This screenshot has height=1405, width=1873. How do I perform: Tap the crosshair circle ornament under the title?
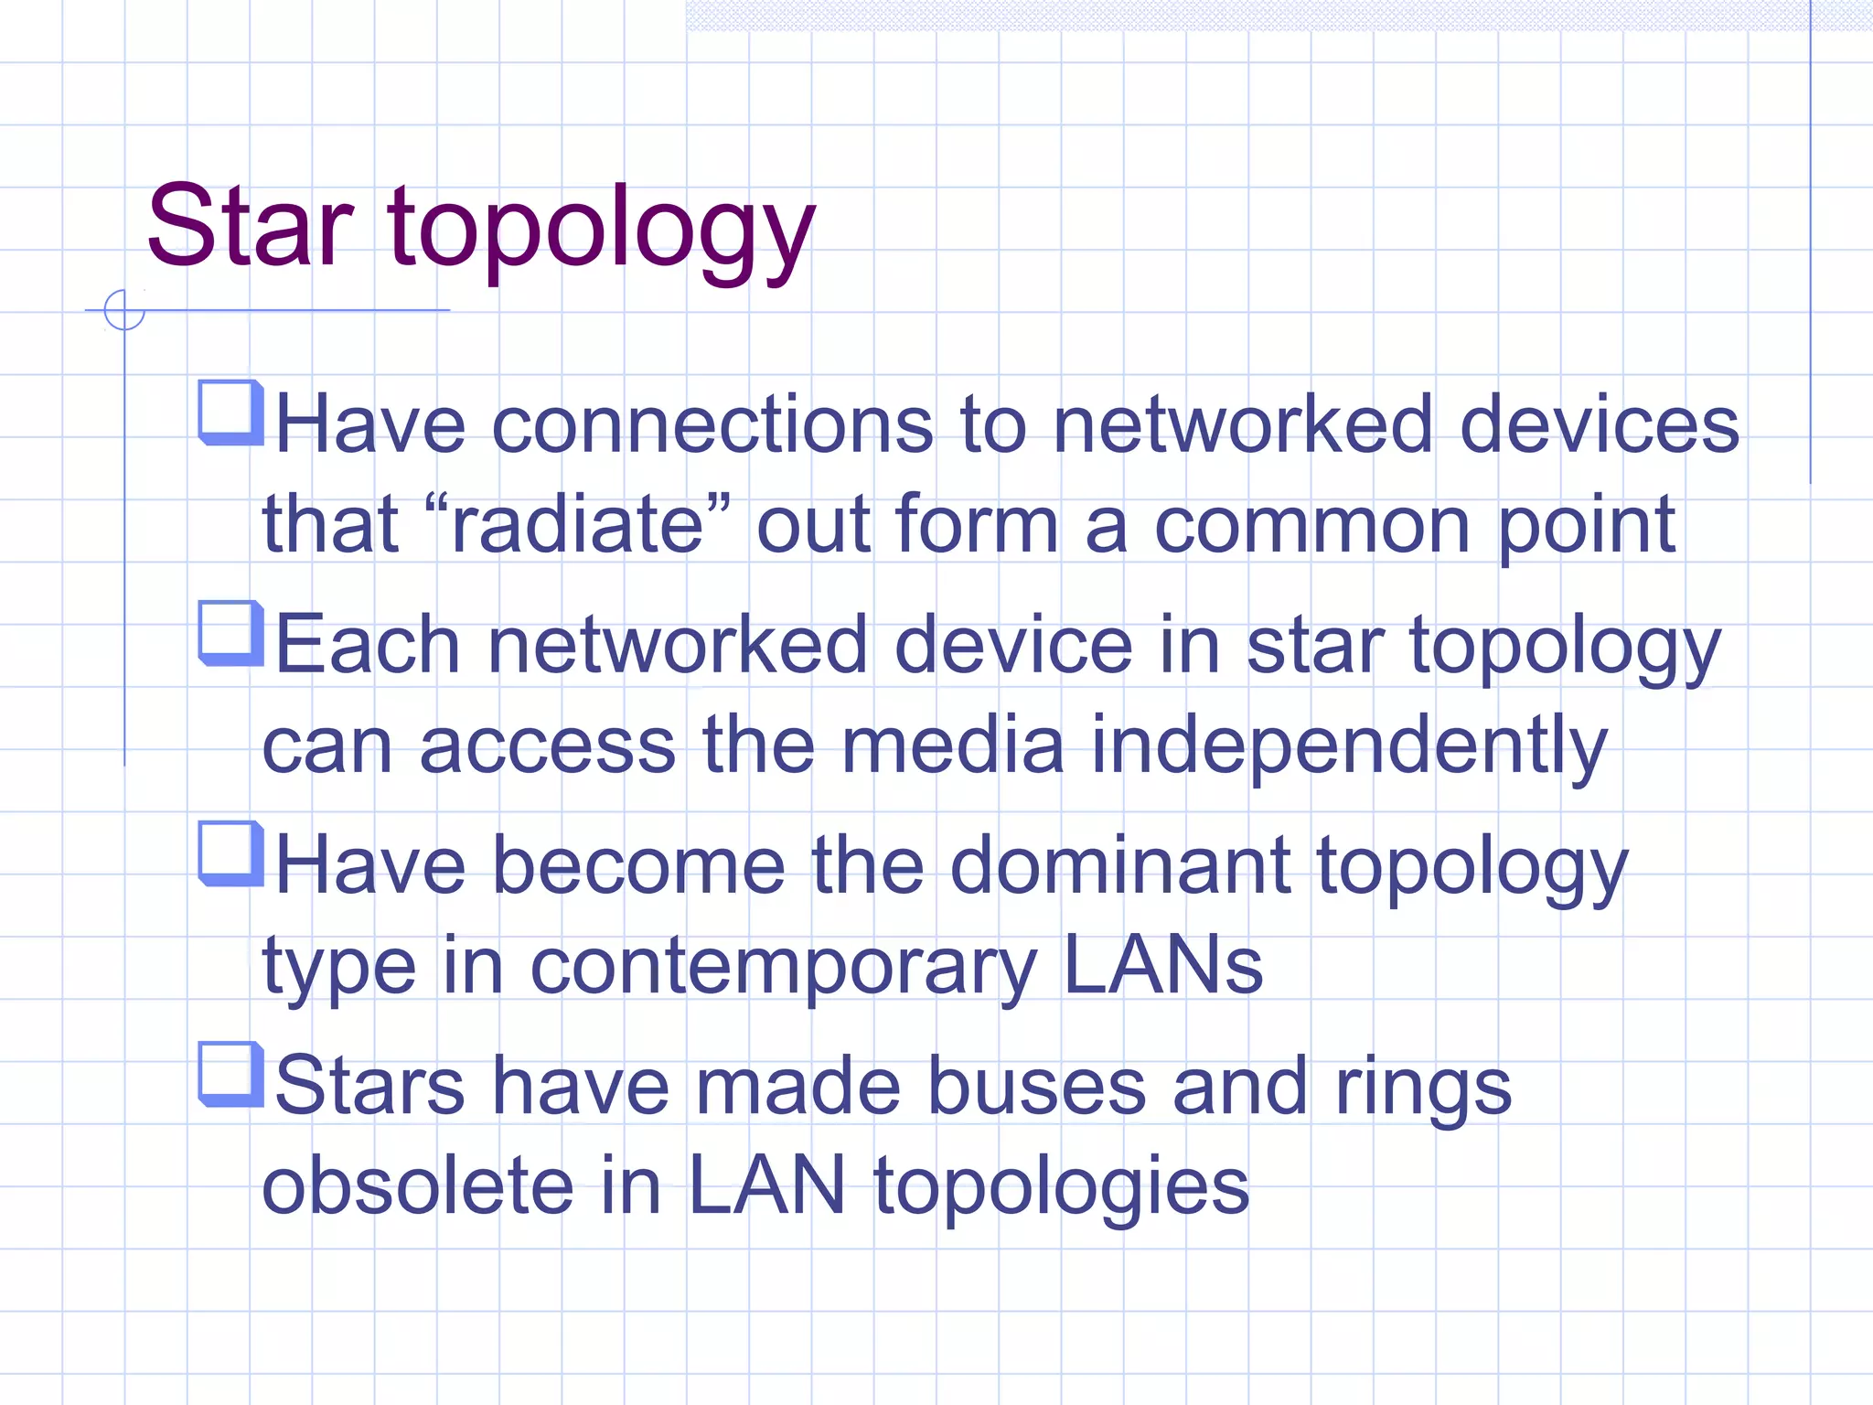[x=124, y=310]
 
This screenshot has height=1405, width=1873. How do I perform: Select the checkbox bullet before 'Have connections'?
[x=230, y=413]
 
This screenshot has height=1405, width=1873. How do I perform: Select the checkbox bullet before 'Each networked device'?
[x=230, y=633]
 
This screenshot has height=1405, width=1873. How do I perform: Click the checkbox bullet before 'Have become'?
[x=230, y=853]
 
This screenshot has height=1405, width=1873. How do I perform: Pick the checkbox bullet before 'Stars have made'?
[x=230, y=1074]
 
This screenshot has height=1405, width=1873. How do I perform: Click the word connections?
[x=713, y=424]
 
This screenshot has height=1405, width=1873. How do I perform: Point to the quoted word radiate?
[x=578, y=525]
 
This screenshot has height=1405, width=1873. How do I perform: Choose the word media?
[x=953, y=745]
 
